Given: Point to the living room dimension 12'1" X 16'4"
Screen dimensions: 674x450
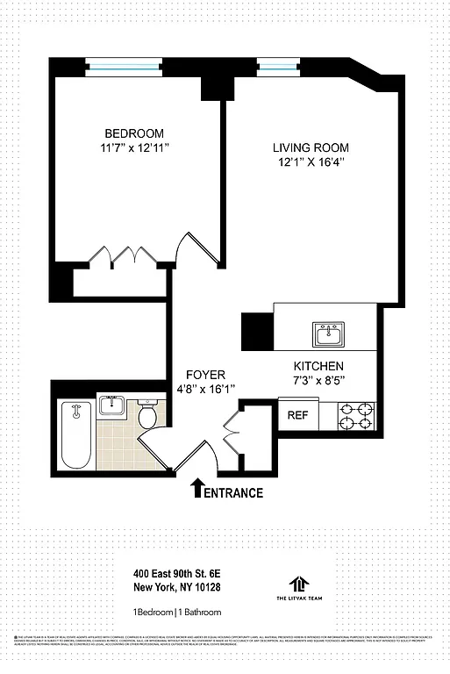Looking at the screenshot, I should [x=310, y=161].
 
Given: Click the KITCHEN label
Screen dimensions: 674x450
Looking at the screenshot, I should [x=318, y=366].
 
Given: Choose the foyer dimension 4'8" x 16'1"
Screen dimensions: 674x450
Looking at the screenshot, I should [x=206, y=388].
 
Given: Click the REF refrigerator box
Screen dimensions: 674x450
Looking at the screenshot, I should [x=298, y=415].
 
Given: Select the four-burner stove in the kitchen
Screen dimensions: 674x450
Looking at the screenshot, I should [x=356, y=415].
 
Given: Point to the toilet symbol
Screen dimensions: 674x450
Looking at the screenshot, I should [x=147, y=415].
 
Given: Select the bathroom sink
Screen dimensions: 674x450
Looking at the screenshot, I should [x=111, y=405].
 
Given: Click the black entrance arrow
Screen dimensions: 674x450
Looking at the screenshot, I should [x=197, y=487].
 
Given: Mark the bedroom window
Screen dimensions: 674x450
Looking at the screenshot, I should [x=124, y=63].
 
